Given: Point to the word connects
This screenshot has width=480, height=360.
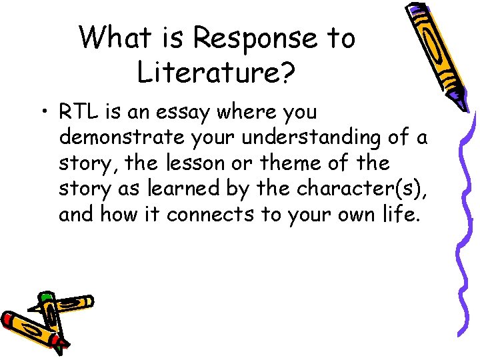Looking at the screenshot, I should tap(211, 215).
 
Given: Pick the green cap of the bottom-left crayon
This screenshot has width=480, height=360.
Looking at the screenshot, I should tap(46, 296).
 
